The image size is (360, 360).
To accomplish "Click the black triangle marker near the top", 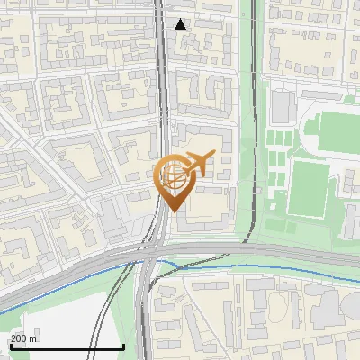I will (x=181, y=24).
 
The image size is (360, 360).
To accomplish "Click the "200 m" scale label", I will (x=23, y=338).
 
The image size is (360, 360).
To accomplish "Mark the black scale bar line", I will (x=67, y=346).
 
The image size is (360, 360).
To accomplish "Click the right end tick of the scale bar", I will (x=123, y=345).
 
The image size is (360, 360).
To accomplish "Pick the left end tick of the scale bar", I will (x=11, y=345).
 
